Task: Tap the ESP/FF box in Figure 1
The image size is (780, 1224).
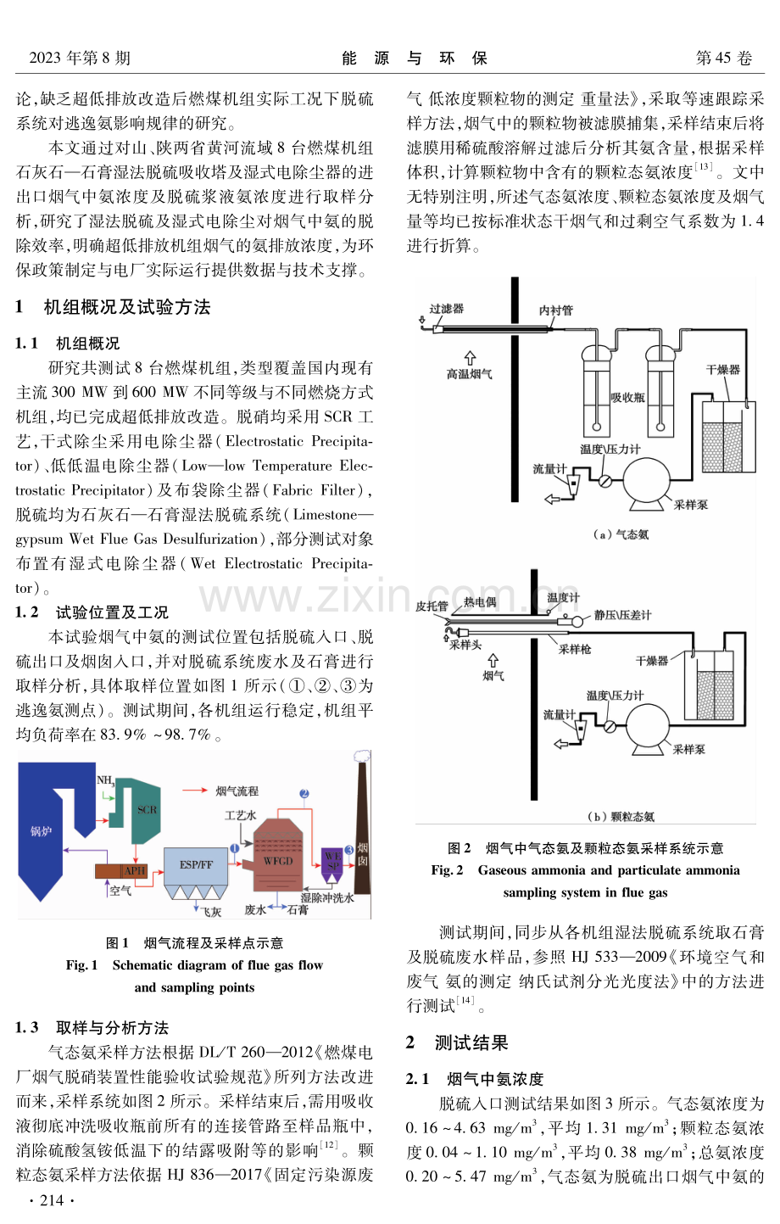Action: (x=196, y=865)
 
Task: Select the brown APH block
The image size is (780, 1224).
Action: (x=121, y=871)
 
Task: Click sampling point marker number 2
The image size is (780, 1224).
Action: (x=304, y=793)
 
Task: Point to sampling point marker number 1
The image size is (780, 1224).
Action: (x=235, y=848)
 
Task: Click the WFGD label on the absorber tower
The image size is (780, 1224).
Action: (x=278, y=861)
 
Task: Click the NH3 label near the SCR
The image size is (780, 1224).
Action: (x=105, y=780)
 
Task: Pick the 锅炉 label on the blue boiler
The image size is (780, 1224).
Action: (x=42, y=831)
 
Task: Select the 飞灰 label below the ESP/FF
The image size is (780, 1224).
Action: (x=211, y=912)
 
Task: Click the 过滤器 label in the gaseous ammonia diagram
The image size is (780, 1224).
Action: (x=447, y=309)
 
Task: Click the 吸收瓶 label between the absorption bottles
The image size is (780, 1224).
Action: (x=627, y=397)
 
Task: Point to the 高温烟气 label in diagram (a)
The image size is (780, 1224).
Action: (x=469, y=374)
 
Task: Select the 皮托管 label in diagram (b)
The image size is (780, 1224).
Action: (x=432, y=606)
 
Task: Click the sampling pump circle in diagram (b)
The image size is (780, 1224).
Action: (x=649, y=725)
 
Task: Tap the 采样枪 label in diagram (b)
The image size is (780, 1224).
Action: (x=575, y=649)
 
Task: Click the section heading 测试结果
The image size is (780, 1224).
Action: (x=471, y=1042)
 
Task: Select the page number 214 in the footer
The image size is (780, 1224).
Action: (x=53, y=1200)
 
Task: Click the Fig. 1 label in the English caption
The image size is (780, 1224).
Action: (x=82, y=965)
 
